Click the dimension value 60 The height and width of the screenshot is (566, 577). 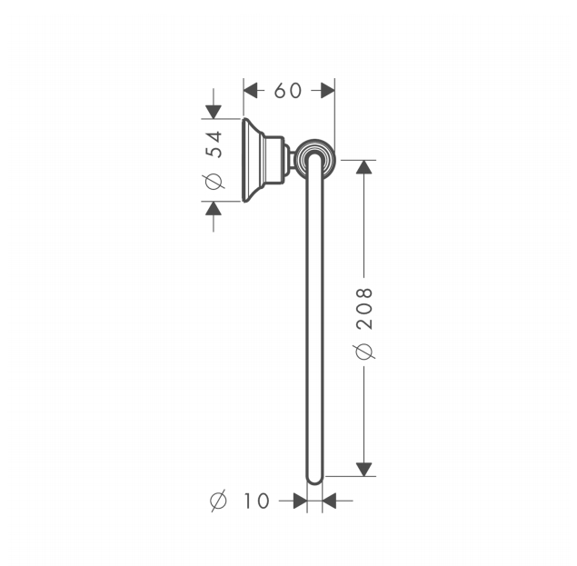pos(288,91)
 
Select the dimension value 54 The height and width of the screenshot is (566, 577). pos(214,144)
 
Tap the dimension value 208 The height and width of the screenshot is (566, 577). pos(364,308)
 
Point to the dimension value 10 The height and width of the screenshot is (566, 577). pos(256,501)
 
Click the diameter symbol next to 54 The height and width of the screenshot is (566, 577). pos(214,181)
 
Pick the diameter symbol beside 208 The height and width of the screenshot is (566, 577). pos(364,352)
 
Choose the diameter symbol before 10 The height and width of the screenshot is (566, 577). pos(219,501)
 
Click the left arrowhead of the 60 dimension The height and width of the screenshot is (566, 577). pos(251,91)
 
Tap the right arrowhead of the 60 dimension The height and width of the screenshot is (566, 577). pos(327,91)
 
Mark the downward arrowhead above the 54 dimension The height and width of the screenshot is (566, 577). pos(214,112)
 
